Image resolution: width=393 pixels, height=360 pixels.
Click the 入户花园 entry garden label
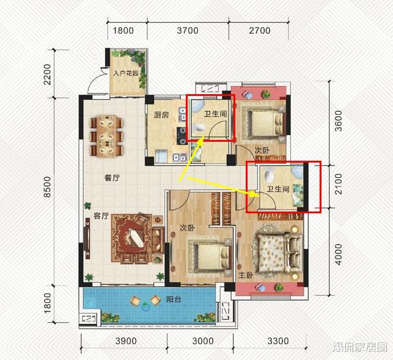coord(125,73)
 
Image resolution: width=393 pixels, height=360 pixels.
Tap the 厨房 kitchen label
coord(161,115)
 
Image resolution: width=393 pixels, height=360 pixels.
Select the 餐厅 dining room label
coord(112,178)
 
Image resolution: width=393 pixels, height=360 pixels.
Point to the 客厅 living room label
coord(101,216)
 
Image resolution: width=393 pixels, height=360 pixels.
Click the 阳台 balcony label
coord(174,299)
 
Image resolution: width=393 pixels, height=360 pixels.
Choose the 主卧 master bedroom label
coord(246,275)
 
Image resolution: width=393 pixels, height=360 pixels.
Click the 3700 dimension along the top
coord(188,31)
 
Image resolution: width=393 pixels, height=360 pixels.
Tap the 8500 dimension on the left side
coord(47,187)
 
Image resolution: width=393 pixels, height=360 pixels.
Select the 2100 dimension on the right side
coord(338,184)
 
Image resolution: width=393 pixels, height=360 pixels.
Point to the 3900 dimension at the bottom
coord(126,341)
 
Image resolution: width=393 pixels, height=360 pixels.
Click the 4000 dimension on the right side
coord(338,254)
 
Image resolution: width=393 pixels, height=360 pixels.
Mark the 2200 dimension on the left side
coord(47,75)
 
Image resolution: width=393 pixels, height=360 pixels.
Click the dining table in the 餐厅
coord(106,136)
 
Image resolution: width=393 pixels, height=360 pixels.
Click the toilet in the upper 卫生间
coord(200,128)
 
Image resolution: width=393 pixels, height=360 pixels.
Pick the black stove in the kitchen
coord(182,135)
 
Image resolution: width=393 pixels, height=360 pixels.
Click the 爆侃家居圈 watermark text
coord(359,347)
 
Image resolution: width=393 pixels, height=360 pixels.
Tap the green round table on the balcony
coord(145,306)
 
